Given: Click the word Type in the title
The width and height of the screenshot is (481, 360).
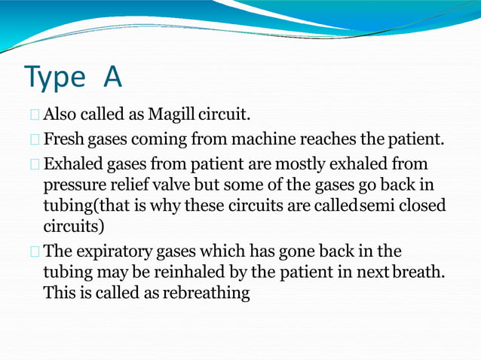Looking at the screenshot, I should coord(55,77).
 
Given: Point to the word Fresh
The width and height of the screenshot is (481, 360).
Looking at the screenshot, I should coord(63,139).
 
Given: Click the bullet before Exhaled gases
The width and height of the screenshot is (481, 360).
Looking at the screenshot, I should coord(35,164).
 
